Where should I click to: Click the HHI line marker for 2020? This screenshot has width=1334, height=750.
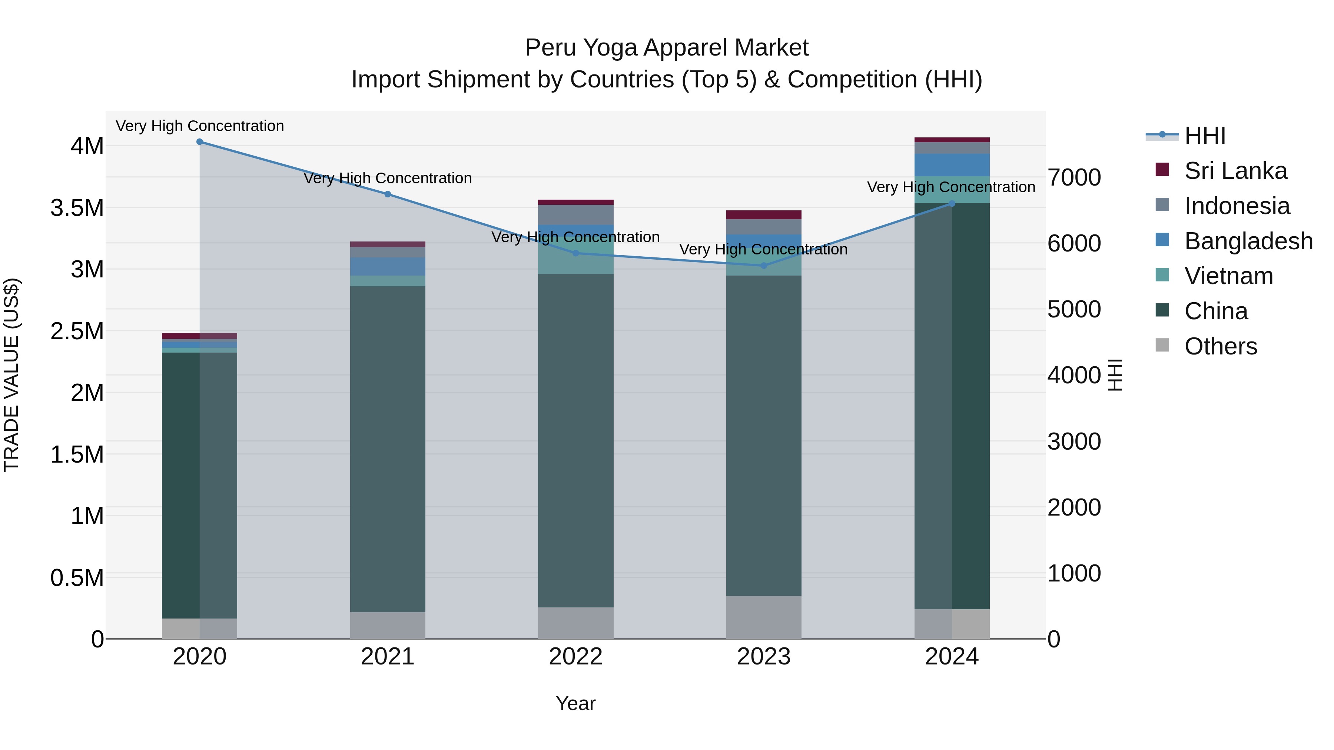pyautogui.click(x=200, y=142)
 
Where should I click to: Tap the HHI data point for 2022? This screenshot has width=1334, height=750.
pyautogui.click(x=576, y=253)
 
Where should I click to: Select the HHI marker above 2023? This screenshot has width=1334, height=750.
pyautogui.click(x=764, y=266)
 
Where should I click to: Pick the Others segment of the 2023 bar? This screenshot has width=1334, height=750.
pyautogui.click(x=764, y=617)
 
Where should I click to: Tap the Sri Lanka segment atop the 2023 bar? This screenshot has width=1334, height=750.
pyautogui.click(x=764, y=215)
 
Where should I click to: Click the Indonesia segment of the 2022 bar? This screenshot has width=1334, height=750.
pyautogui.click(x=576, y=215)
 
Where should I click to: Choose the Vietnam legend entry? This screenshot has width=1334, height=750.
pyautogui.click(x=1228, y=276)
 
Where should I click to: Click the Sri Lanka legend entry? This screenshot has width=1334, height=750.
pyautogui.click(x=1235, y=171)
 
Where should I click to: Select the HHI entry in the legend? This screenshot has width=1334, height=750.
pyautogui.click(x=1205, y=136)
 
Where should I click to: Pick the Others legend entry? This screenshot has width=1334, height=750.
pyautogui.click(x=1221, y=346)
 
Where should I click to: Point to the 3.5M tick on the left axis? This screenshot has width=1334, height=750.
pyautogui.click(x=77, y=208)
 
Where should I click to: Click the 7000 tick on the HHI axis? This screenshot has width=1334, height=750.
pyautogui.click(x=1074, y=177)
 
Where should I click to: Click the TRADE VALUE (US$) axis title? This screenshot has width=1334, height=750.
pyautogui.click(x=11, y=375)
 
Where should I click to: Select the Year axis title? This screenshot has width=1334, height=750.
pyautogui.click(x=575, y=703)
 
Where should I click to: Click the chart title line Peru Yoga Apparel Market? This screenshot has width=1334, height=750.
pyautogui.click(x=667, y=48)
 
